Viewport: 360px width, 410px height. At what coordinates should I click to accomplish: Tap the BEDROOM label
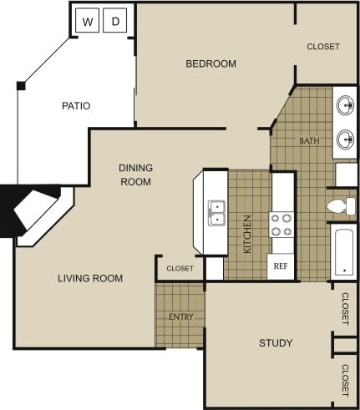210,63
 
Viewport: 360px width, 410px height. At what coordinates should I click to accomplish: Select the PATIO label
75,106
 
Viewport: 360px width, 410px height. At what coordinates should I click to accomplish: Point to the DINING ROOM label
135,174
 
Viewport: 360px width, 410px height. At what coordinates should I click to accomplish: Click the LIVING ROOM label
90,278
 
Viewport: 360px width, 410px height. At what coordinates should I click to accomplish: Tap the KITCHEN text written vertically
247,234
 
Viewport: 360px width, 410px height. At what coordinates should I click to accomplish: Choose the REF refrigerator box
281,267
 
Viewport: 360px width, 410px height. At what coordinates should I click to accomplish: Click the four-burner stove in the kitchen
281,224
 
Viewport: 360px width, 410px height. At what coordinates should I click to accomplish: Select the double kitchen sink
216,214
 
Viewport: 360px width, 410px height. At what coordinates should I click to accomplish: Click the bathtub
342,251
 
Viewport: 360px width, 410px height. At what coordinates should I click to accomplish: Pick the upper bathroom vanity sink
344,106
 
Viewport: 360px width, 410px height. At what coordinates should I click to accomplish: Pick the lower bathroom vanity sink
344,139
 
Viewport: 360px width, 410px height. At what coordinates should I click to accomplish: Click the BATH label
309,140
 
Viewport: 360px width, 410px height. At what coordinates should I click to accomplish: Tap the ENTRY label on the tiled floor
180,317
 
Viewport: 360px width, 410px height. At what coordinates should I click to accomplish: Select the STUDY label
276,343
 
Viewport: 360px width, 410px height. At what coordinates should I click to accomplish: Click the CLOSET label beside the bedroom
322,47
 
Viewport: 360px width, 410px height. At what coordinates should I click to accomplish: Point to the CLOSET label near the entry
180,268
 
